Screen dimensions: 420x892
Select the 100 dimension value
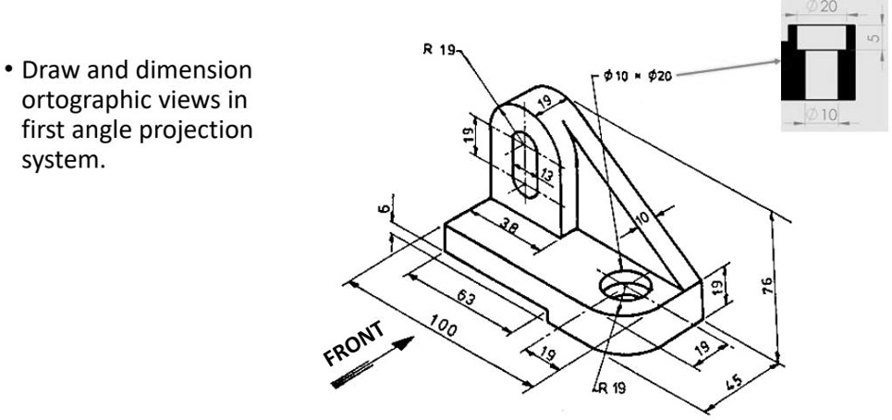click(x=447, y=328)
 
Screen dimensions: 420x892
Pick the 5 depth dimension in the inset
click(x=874, y=40)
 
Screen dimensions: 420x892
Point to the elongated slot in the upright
click(x=524, y=164)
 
